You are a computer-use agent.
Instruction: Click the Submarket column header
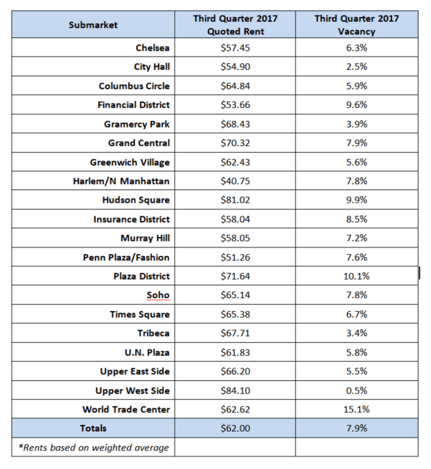[93, 25]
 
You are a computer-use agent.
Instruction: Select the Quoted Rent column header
[235, 25]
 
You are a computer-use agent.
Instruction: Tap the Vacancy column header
[357, 25]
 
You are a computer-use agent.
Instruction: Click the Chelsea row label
[152, 48]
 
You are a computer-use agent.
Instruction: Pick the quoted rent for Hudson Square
[235, 200]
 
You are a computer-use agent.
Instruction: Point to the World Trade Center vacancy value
[357, 409]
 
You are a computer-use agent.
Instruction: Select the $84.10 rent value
[235, 390]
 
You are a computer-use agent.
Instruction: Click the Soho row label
[158, 295]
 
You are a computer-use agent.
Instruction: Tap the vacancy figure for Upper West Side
[357, 390]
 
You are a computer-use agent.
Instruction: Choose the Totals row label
[93, 429]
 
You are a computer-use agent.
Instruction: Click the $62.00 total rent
[235, 429]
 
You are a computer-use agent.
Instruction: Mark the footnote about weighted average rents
[94, 448]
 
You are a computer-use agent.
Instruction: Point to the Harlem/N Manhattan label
[121, 181]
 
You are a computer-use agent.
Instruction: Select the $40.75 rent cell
[235, 181]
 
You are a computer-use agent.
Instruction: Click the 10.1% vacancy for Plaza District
[357, 276]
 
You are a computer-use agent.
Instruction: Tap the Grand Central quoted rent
[235, 143]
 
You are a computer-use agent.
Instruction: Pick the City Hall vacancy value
[357, 66]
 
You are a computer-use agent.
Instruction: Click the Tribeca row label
[153, 333]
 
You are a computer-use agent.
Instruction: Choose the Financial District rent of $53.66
[235, 105]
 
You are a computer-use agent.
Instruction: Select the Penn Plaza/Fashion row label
[126, 258]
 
